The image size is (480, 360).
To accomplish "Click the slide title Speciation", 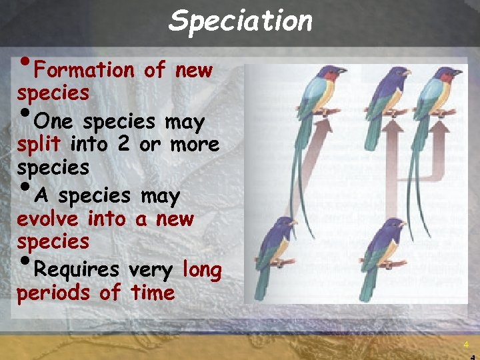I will (x=240, y=21).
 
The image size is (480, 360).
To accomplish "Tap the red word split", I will (x=39, y=144).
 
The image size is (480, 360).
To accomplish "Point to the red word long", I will (x=201, y=269).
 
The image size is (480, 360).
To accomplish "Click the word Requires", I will (x=76, y=269).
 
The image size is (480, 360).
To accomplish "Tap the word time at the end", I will (x=153, y=293).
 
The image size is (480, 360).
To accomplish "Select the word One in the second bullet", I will (x=51, y=122).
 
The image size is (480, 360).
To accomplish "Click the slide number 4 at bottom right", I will (x=466, y=345).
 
